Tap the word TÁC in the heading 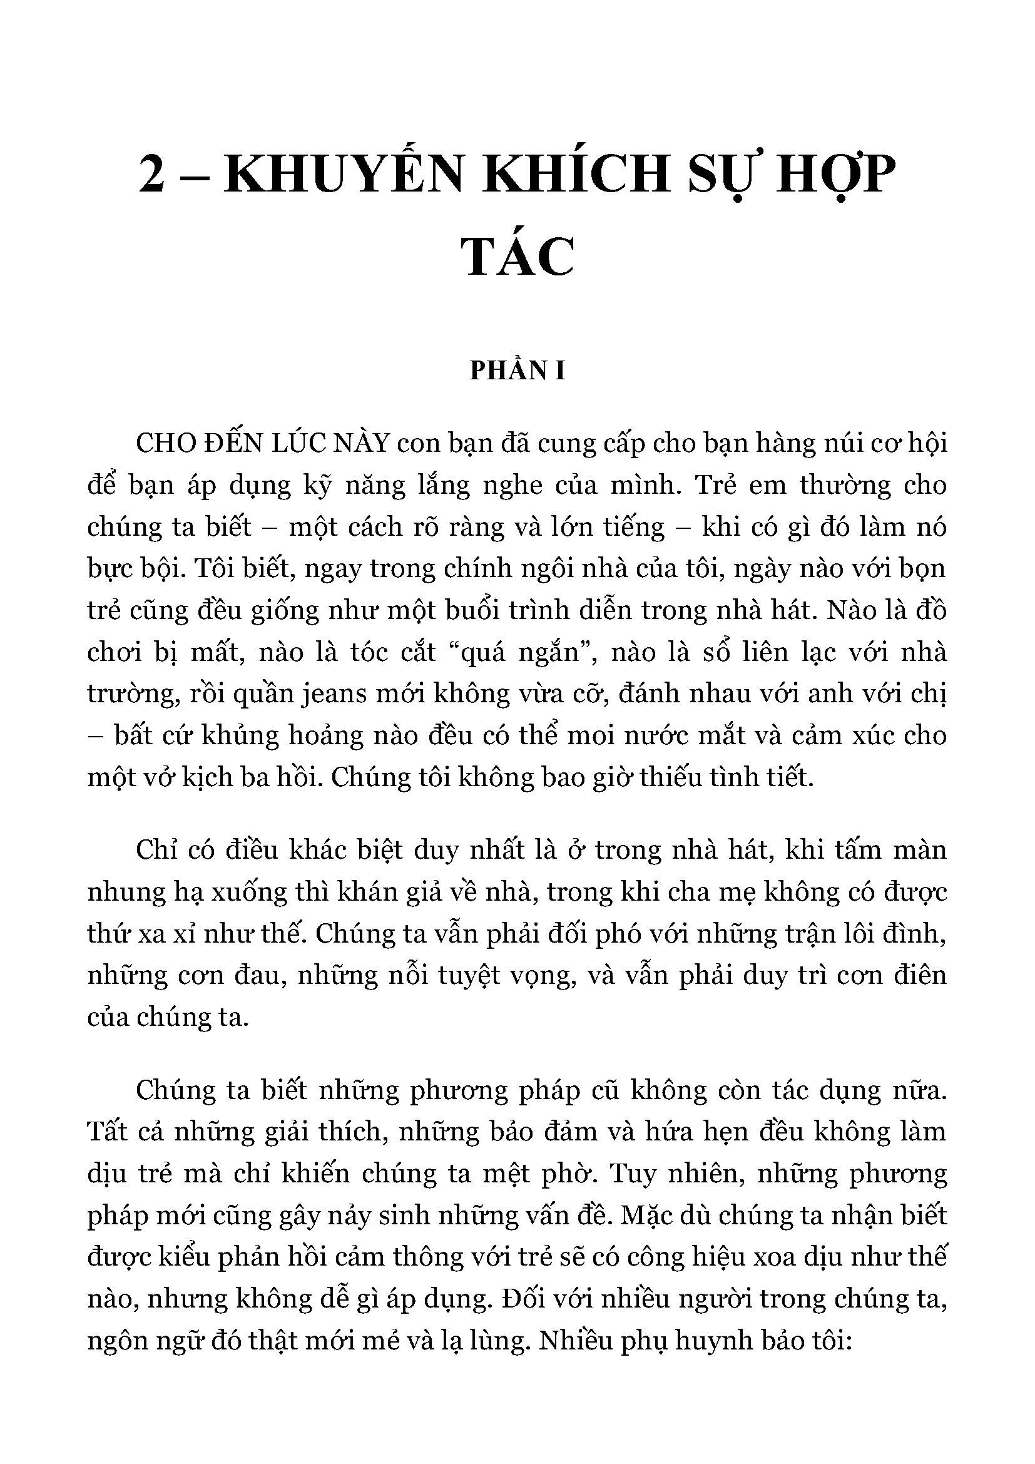517,257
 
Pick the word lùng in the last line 501,1341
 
